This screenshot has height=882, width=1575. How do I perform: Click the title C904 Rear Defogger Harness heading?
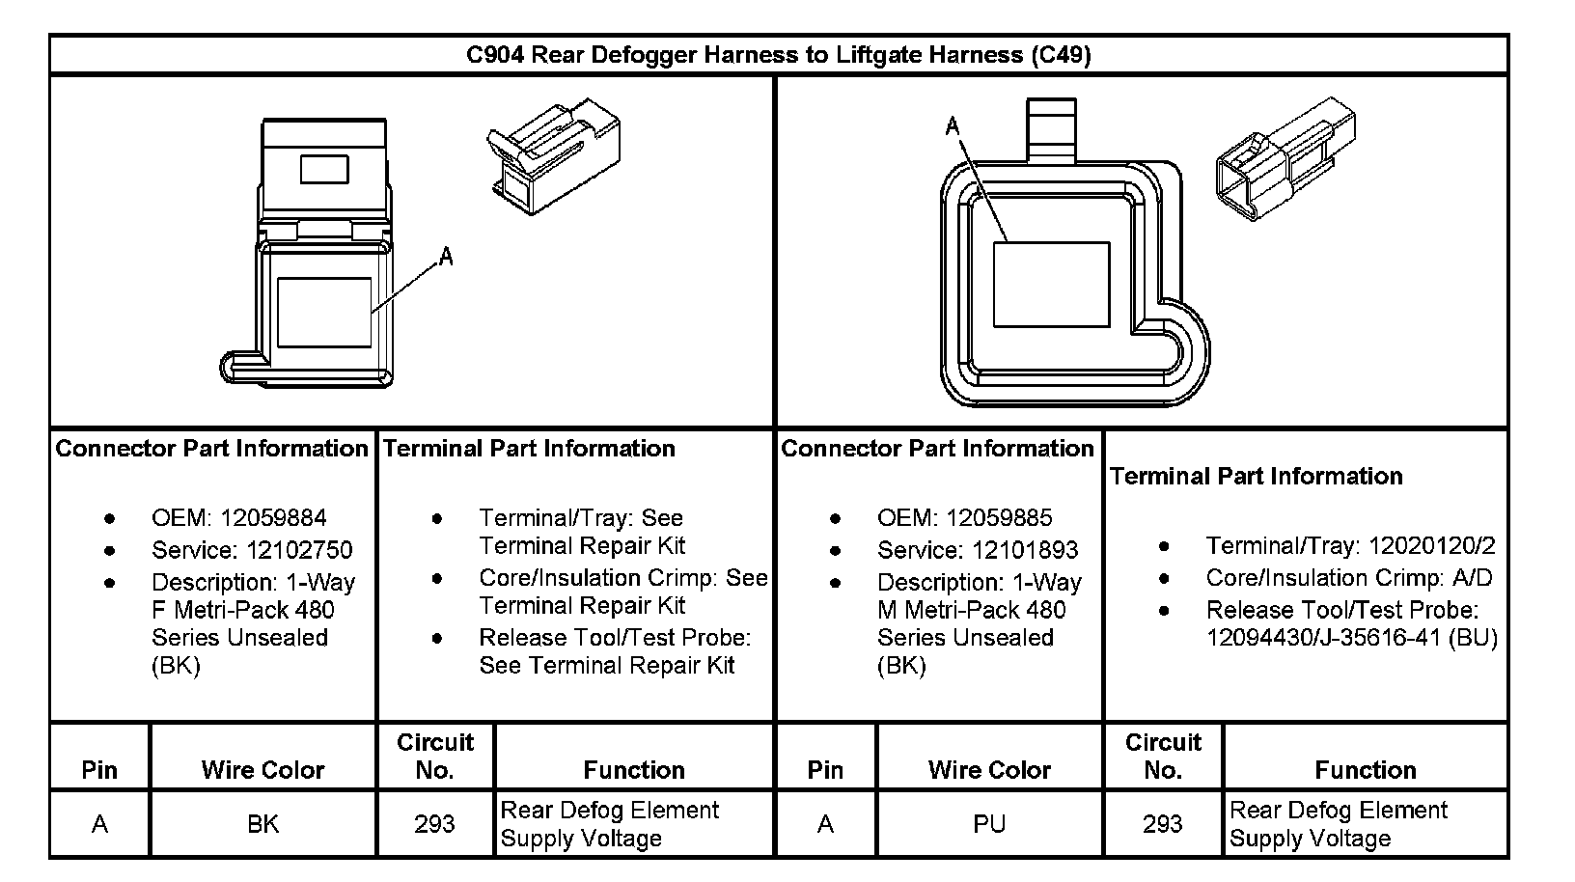(x=778, y=55)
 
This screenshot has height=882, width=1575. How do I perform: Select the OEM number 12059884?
(x=273, y=518)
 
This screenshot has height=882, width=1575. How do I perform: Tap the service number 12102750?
(x=300, y=550)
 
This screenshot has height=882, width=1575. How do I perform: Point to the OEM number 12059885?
(x=999, y=518)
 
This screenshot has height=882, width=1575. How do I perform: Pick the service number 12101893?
(x=1026, y=550)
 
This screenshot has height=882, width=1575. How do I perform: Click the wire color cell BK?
(x=262, y=824)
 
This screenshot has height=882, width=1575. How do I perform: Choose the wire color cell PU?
(x=989, y=824)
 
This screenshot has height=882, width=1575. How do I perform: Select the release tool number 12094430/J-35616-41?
(x=1351, y=638)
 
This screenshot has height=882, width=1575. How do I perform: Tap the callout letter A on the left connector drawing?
(x=446, y=257)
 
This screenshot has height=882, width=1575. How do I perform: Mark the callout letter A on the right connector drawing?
(x=953, y=126)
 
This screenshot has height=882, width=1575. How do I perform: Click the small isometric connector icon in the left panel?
(x=552, y=155)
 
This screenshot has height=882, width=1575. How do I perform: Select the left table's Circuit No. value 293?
(x=434, y=824)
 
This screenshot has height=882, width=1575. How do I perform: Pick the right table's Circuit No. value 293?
(x=1162, y=824)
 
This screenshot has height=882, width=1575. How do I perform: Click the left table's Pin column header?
(x=99, y=770)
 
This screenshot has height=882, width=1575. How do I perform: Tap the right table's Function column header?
(x=1365, y=770)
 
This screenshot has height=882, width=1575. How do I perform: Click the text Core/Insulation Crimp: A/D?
(x=1348, y=578)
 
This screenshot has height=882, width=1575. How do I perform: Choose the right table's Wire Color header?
(x=989, y=770)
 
